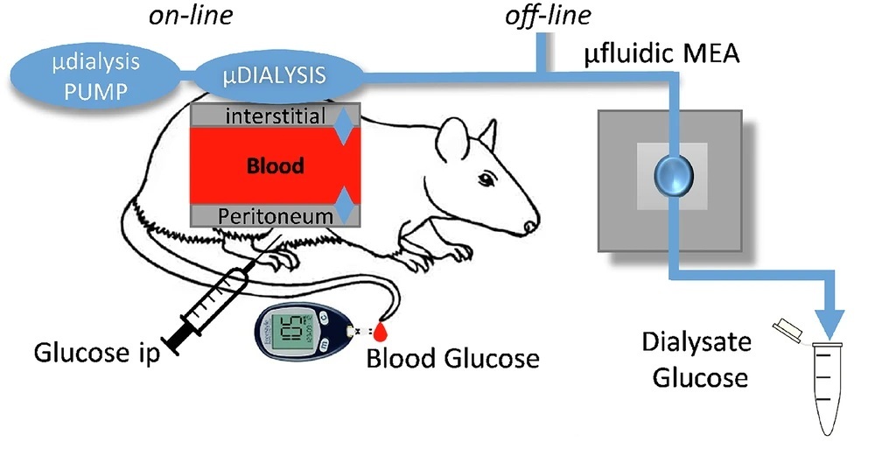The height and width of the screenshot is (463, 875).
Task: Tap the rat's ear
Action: [x=457, y=140]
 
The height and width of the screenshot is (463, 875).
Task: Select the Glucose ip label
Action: [x=96, y=354]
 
